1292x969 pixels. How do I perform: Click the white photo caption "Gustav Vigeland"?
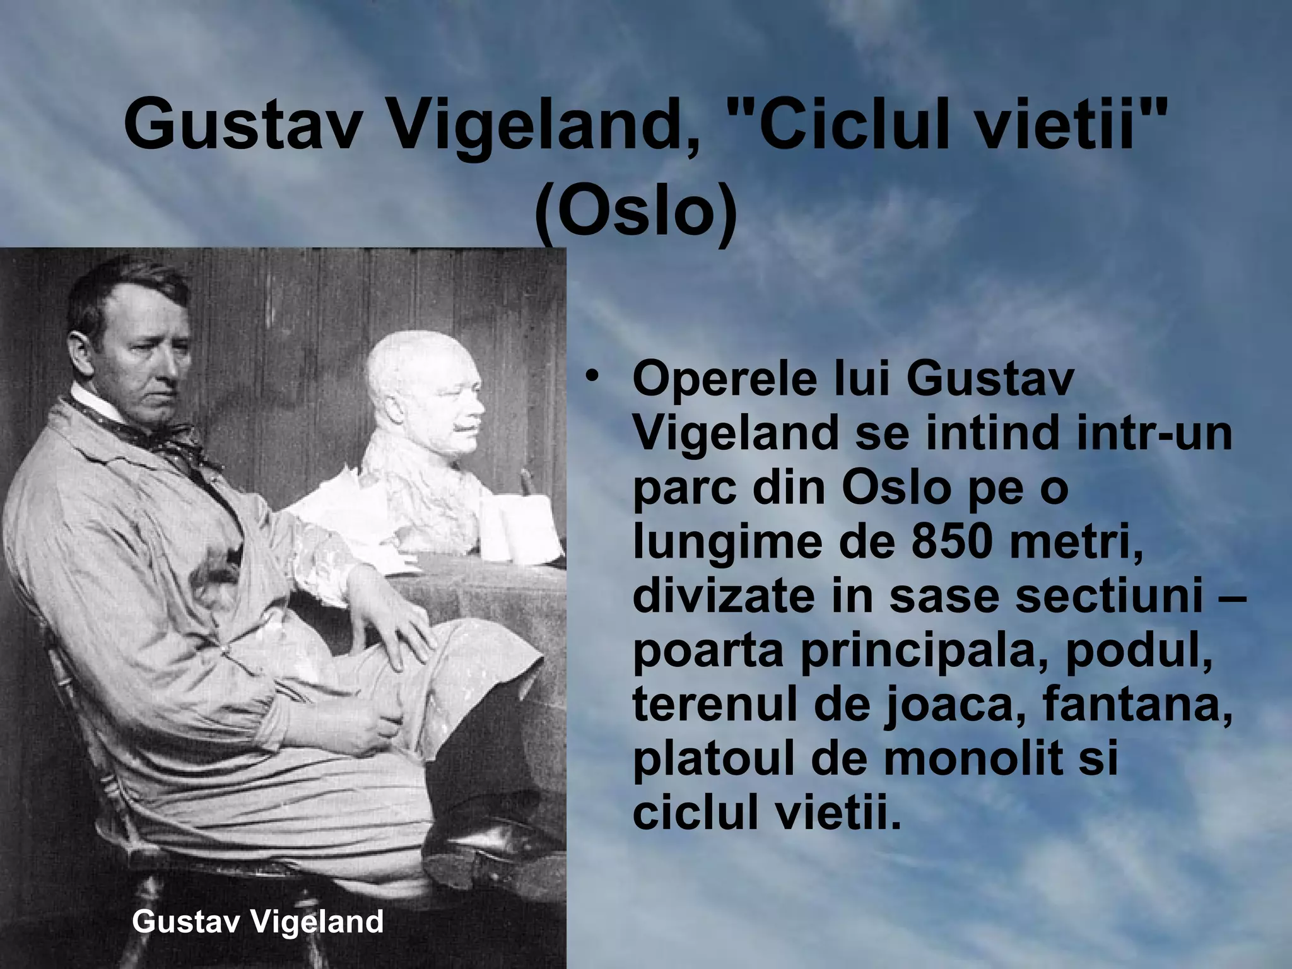pos(258,922)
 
